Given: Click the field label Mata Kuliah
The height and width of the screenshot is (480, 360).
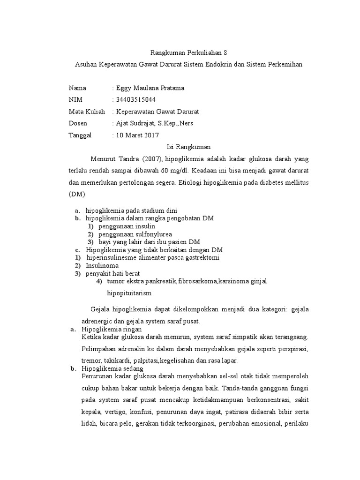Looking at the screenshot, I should click(x=87, y=112).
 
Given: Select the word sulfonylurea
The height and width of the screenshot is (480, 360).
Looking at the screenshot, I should click(x=152, y=234).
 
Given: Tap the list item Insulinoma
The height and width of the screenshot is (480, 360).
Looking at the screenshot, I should click(x=98, y=265).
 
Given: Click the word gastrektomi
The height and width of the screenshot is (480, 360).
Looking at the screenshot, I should click(x=202, y=257).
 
